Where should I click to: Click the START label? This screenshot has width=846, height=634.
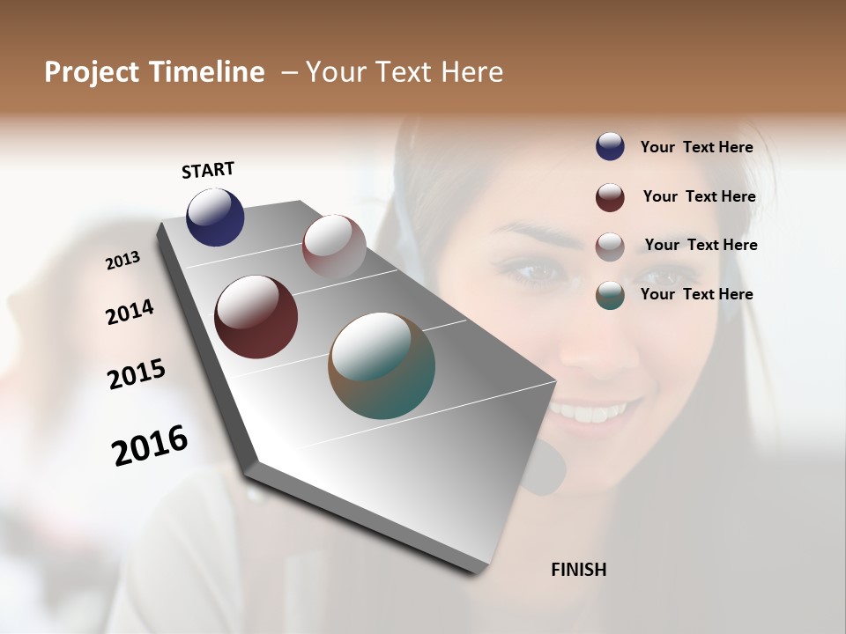(208, 170)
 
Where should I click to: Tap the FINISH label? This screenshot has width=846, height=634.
(578, 570)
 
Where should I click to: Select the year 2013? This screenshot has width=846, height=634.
(123, 261)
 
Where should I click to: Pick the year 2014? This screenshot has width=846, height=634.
(130, 313)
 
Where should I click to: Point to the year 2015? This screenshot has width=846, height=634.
(137, 374)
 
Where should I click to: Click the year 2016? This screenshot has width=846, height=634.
(150, 446)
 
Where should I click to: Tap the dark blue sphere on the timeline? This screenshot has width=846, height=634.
(215, 217)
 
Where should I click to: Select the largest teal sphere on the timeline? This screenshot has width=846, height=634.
(382, 365)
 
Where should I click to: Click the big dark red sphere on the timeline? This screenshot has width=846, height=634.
(256, 317)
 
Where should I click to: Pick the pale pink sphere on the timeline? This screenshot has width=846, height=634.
(334, 246)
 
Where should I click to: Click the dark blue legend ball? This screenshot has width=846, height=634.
(610, 147)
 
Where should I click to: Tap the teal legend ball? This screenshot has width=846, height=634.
(610, 295)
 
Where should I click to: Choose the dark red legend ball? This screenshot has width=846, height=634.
(610, 197)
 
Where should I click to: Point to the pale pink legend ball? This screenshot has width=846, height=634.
(610, 247)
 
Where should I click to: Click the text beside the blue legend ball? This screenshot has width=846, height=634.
(696, 148)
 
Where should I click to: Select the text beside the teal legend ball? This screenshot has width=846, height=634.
(696, 294)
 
